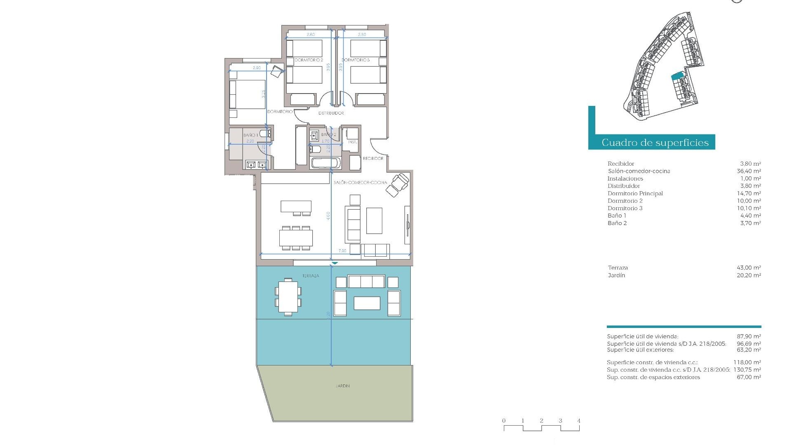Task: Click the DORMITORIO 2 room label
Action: tap(309, 60)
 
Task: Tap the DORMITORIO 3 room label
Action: tap(356, 60)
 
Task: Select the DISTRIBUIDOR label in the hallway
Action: tap(331, 113)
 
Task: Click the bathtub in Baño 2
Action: tap(325, 163)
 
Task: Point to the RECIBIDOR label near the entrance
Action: tap(373, 158)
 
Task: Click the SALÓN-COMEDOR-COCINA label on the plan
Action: tap(360, 183)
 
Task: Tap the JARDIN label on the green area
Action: tap(342, 386)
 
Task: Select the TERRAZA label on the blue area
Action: tap(310, 276)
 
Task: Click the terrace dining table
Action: tap(288, 297)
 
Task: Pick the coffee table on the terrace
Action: tap(367, 303)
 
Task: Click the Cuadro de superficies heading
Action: tap(655, 143)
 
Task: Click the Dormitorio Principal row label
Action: tap(635, 193)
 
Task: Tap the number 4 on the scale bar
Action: tap(579, 421)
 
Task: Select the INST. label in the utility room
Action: tap(352, 142)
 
